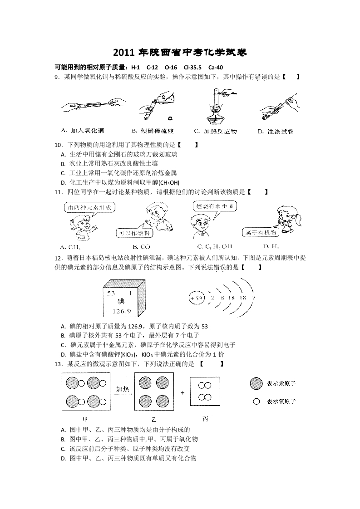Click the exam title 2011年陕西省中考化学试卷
click(180, 53)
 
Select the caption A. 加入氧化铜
click(82, 131)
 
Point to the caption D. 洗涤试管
click(276, 131)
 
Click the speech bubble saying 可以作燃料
click(134, 233)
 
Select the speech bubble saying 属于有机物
click(260, 232)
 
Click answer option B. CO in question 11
click(141, 247)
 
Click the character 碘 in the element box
click(121, 302)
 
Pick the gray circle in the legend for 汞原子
click(256, 384)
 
